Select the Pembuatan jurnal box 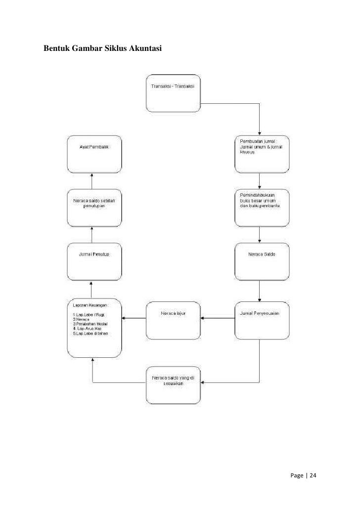(261, 154)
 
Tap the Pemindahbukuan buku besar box (261, 207)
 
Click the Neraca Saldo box (261, 262)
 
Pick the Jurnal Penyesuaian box (261, 320)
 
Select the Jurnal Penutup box (94, 262)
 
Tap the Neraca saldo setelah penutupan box (94, 207)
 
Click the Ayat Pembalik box (94, 154)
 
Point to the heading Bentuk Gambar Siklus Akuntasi (103, 49)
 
